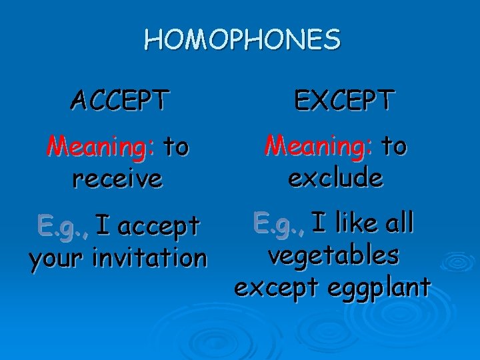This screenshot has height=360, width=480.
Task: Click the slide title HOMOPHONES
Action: [242, 41]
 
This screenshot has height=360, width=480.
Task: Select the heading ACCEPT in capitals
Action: [119, 101]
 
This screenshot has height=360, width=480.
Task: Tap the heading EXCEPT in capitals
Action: [345, 101]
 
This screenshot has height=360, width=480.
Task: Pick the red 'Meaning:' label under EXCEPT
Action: [318, 146]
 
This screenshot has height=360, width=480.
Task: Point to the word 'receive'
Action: [119, 178]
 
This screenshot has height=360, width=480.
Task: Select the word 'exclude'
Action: [335, 177]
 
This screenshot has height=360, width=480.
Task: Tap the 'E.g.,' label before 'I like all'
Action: [278, 223]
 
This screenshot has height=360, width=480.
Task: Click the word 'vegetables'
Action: [333, 255]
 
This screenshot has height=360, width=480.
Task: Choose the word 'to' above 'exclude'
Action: [393, 146]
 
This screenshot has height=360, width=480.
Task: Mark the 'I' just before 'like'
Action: [319, 222]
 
